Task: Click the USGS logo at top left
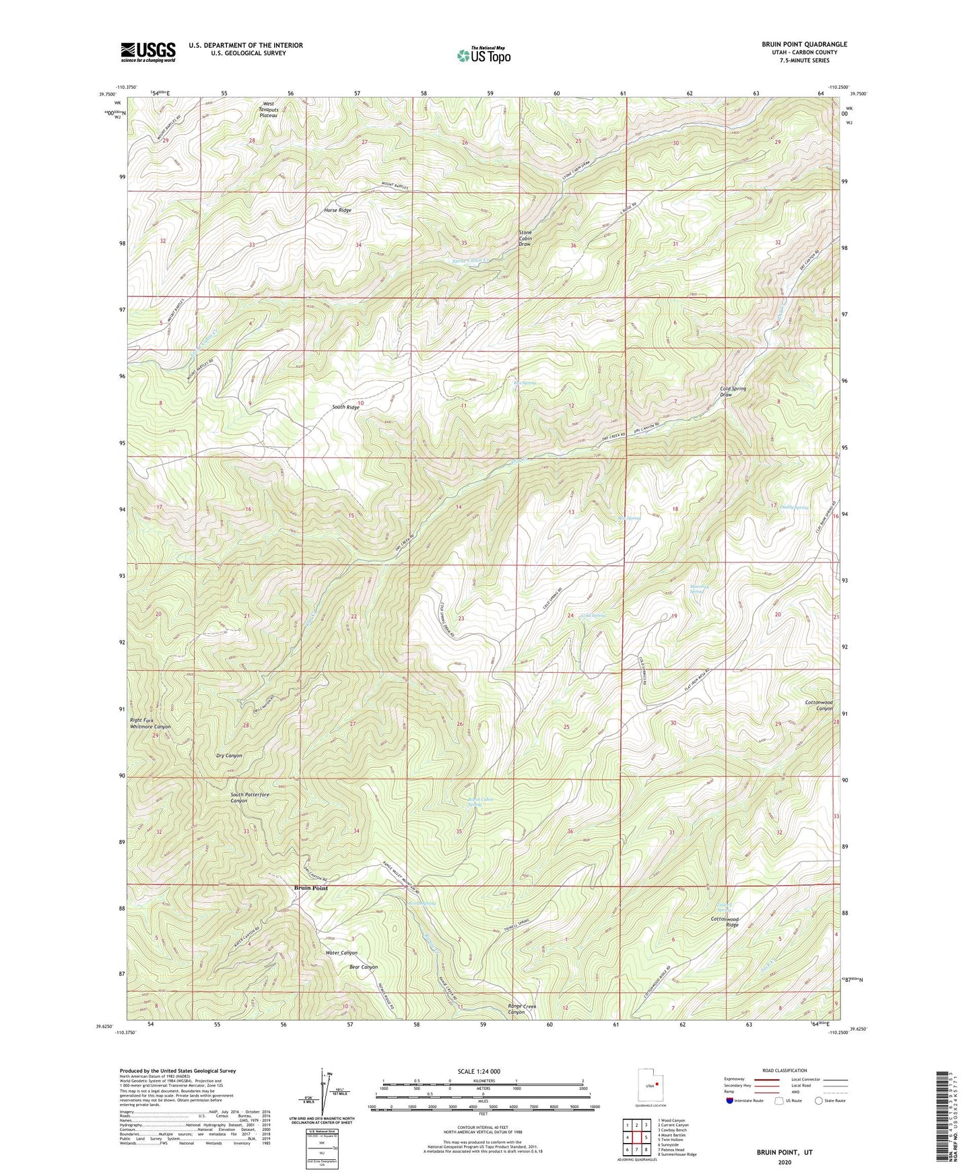point(148,52)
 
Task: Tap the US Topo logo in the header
point(483,55)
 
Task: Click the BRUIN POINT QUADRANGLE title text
point(804,44)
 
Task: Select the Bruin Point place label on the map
point(311,888)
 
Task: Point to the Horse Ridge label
point(337,210)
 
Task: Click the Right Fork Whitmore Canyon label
point(150,723)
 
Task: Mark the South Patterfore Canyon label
point(250,797)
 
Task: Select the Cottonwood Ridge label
point(725,922)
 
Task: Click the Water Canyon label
point(341,952)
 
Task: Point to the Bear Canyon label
point(364,967)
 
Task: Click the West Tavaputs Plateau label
point(269,110)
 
